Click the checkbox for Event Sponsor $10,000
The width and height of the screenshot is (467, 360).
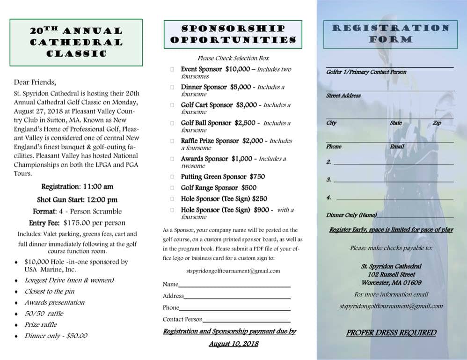click(172, 70)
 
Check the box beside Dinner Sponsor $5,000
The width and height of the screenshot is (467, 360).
click(172, 88)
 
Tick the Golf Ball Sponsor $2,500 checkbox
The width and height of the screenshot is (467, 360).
click(172, 124)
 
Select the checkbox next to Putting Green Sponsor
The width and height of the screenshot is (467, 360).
click(172, 177)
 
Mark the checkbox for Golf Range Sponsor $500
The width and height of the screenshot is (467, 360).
click(172, 188)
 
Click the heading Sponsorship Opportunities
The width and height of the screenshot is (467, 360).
click(233, 34)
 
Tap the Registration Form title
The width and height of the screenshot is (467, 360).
click(390, 34)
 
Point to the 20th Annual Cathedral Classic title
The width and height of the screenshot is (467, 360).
click(76, 42)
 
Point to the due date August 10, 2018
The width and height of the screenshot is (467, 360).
click(233, 344)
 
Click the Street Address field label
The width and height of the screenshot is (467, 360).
click(343, 96)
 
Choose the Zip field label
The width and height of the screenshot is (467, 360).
click(437, 123)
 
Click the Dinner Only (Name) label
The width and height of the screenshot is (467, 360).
click(351, 215)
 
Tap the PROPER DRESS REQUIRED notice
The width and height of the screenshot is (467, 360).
click(391, 333)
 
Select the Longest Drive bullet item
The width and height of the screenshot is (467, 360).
click(69, 280)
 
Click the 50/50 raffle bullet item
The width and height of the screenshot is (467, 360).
click(44, 314)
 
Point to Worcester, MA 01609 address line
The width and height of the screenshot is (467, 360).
click(391, 283)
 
